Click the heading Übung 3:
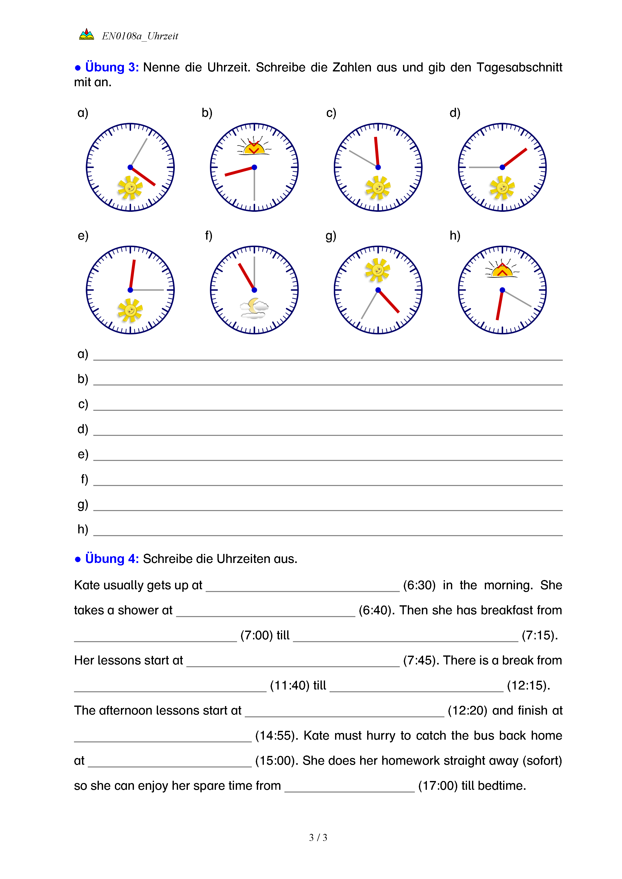point(111,67)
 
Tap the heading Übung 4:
point(111,559)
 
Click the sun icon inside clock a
point(130,187)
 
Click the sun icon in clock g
point(378,270)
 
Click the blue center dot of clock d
point(502,167)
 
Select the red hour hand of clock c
point(377,152)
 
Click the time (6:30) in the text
point(419,585)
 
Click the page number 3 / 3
point(318,838)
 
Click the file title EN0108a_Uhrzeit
point(140,36)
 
